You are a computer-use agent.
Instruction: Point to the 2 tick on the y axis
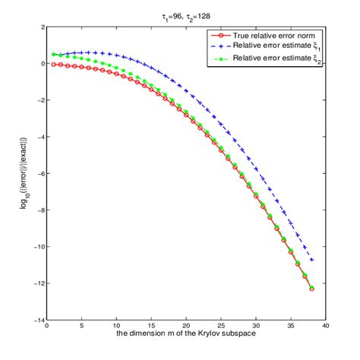(39, 27)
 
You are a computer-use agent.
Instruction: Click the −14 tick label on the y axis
(35, 321)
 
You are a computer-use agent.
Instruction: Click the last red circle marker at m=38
(312, 289)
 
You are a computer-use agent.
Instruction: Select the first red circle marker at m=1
(54, 65)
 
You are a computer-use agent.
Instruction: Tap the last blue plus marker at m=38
(312, 260)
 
